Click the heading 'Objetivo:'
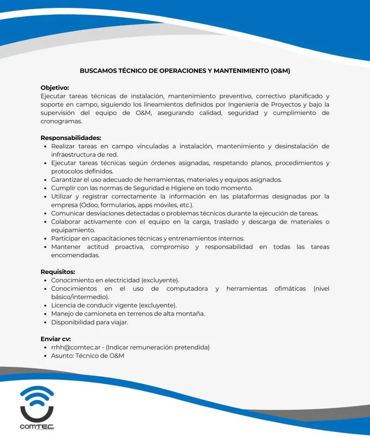[55, 88]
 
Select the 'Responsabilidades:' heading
[71, 138]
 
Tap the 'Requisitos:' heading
[58, 272]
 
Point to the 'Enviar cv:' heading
[55, 339]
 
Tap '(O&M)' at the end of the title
[280, 71]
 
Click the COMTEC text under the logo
[37, 426]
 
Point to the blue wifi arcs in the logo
[37, 395]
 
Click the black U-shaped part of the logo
[37, 412]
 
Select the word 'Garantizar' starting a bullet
[66, 180]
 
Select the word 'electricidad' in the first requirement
[117, 280]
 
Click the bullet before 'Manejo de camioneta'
[44, 314]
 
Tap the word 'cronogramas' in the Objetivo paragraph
[61, 121]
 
